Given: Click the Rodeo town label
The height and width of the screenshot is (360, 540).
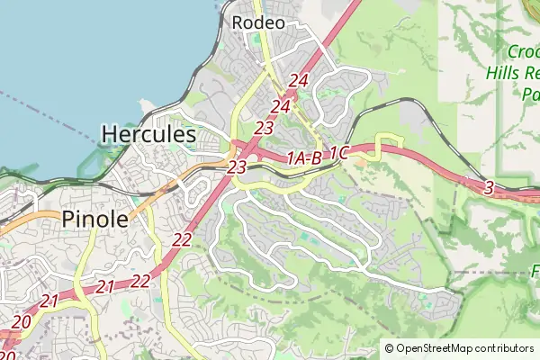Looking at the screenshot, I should pos(258,22).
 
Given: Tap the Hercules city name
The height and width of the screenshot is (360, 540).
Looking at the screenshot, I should pos(148,135).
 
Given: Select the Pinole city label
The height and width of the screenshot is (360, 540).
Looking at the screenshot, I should pos(94,218).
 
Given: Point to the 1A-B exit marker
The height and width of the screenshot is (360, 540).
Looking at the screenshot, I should pos(303,159).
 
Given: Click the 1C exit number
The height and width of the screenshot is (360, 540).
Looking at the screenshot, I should pos(338,153).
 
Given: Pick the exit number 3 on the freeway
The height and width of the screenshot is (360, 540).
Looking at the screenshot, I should pos(489,187).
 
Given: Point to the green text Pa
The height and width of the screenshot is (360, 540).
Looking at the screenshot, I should pos(530,93).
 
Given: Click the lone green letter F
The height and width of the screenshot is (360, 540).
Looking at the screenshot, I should pos(535,268).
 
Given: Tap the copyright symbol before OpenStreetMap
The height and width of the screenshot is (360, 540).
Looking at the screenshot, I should pos(390,348).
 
